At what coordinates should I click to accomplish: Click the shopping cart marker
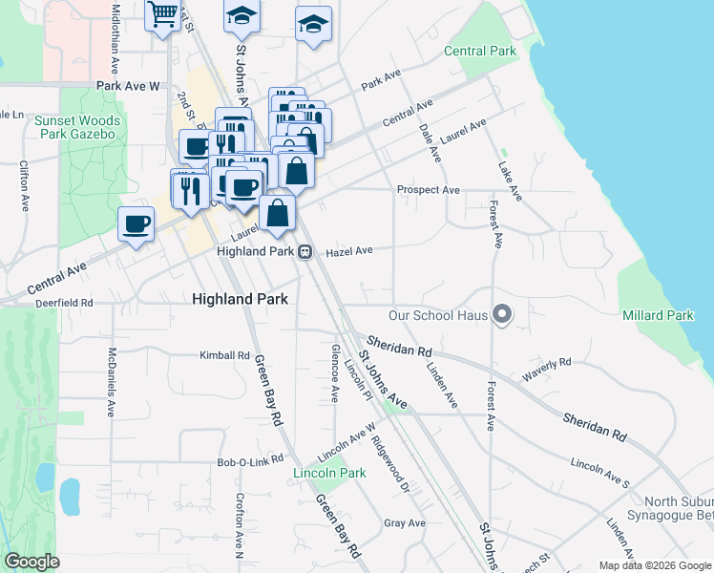coord(163,15)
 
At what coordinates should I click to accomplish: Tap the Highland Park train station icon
coord(304,252)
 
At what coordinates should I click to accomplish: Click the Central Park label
coord(480,51)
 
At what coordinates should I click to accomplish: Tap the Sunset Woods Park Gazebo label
coord(76,127)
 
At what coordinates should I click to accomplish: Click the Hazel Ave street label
coord(347,252)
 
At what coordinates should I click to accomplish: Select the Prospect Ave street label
coord(429,190)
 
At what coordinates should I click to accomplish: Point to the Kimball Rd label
coord(224,355)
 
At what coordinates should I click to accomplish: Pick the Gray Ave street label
coord(404,523)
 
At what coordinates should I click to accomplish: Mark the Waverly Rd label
coord(546,369)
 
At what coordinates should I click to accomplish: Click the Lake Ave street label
coord(510,180)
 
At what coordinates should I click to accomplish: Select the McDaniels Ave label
coord(112,381)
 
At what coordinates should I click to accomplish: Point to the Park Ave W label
coord(127,86)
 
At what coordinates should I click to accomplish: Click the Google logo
coord(32,562)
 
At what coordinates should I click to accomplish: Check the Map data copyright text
coord(653,565)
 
